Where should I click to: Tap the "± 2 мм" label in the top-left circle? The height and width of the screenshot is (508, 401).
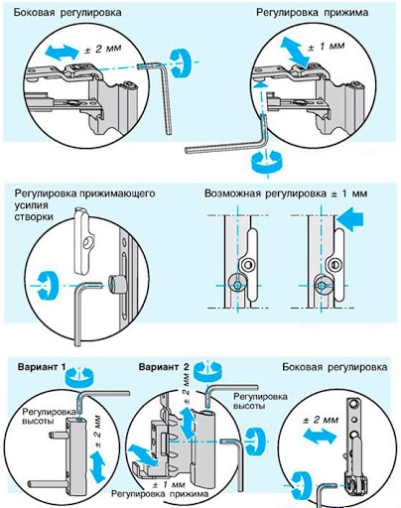[104, 49]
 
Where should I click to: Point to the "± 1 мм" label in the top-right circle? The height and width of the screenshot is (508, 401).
[327, 47]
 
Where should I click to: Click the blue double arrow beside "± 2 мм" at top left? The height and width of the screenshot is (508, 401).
[61, 53]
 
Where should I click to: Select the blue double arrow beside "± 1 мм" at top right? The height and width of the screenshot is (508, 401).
[295, 52]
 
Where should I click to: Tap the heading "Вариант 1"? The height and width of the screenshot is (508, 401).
[42, 367]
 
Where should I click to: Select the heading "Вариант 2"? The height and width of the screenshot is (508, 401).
[164, 367]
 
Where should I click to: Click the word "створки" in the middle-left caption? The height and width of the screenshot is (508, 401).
[34, 217]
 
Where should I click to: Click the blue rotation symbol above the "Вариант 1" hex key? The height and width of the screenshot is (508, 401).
[79, 376]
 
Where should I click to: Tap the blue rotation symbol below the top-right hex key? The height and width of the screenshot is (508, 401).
[266, 162]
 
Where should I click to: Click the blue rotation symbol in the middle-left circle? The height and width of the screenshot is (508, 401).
[47, 286]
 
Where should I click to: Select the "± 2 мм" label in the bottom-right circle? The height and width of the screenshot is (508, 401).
[321, 420]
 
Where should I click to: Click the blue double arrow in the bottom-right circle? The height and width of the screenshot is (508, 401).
[321, 437]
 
